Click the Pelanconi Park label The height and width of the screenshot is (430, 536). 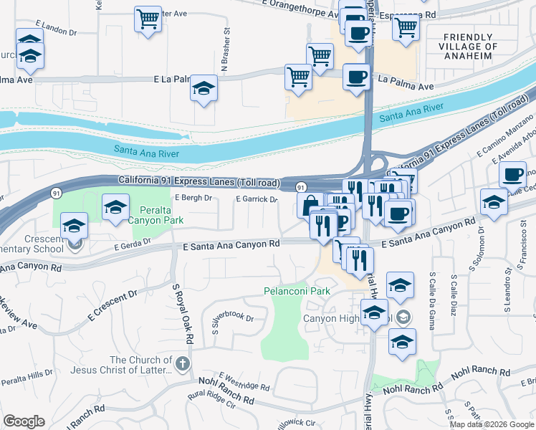[x=297, y=292]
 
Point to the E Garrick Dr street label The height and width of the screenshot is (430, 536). [x=257, y=200]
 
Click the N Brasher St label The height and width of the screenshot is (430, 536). [x=225, y=51]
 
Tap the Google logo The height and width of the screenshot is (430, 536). [x=24, y=421]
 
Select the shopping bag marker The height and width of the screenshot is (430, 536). [x=309, y=205]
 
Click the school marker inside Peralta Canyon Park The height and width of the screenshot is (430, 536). [x=114, y=208]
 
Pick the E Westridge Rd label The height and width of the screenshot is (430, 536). [x=244, y=382]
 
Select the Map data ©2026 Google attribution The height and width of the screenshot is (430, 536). [x=492, y=424]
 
